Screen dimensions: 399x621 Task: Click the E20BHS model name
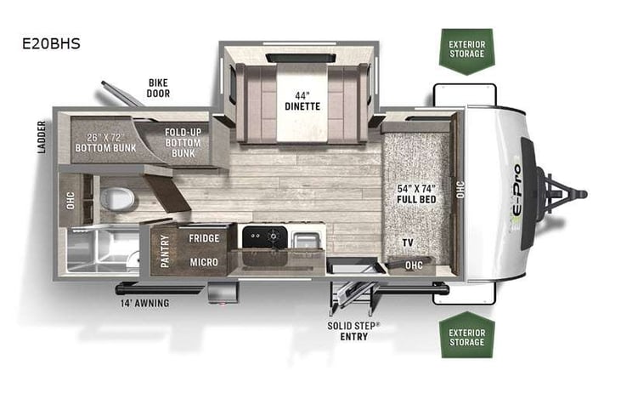pyautogui.click(x=52, y=43)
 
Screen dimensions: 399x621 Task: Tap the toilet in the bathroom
pyautogui.click(x=116, y=198)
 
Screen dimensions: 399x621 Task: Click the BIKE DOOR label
pyautogui.click(x=158, y=88)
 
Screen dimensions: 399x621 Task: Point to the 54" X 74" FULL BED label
pyautogui.click(x=416, y=192)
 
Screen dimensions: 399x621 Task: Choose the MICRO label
pyautogui.click(x=205, y=262)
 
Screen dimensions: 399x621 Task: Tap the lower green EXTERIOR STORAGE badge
pyautogui.click(x=467, y=336)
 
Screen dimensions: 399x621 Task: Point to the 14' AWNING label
pyautogui.click(x=144, y=303)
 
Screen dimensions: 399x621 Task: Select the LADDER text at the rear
pyautogui.click(x=41, y=137)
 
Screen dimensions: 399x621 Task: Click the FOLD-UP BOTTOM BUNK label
pyautogui.click(x=183, y=140)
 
